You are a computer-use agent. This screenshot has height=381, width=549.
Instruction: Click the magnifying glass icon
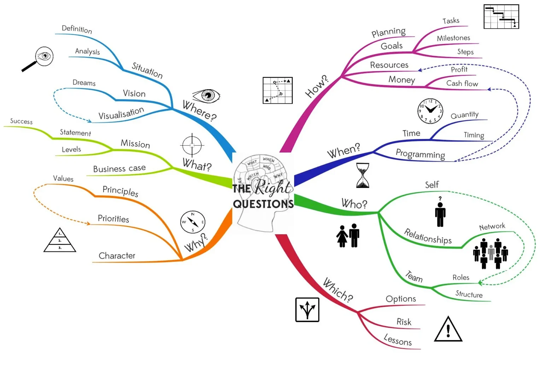39,59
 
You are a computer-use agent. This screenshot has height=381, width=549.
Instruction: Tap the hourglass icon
362,175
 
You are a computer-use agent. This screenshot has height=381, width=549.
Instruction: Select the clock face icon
430,111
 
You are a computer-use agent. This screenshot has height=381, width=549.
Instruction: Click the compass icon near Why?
193,222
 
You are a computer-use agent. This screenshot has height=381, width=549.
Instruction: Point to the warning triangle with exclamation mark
448,330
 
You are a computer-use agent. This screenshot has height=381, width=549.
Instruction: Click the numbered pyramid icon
60,241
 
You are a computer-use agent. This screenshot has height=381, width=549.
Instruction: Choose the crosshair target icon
192,145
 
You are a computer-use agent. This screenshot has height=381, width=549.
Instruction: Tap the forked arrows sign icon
307,310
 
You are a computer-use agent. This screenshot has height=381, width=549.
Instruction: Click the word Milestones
453,38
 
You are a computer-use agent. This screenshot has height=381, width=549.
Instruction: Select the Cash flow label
462,84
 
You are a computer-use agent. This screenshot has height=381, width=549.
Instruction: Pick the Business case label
119,169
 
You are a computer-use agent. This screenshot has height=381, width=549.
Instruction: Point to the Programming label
420,154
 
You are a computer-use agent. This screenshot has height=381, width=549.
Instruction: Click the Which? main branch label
338,290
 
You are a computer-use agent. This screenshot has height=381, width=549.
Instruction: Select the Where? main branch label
199,110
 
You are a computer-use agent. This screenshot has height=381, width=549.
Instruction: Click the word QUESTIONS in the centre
263,204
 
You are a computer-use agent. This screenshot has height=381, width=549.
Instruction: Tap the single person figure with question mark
440,212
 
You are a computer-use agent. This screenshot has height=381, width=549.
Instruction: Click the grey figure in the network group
491,252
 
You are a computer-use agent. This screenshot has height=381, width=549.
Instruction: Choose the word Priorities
113,219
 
